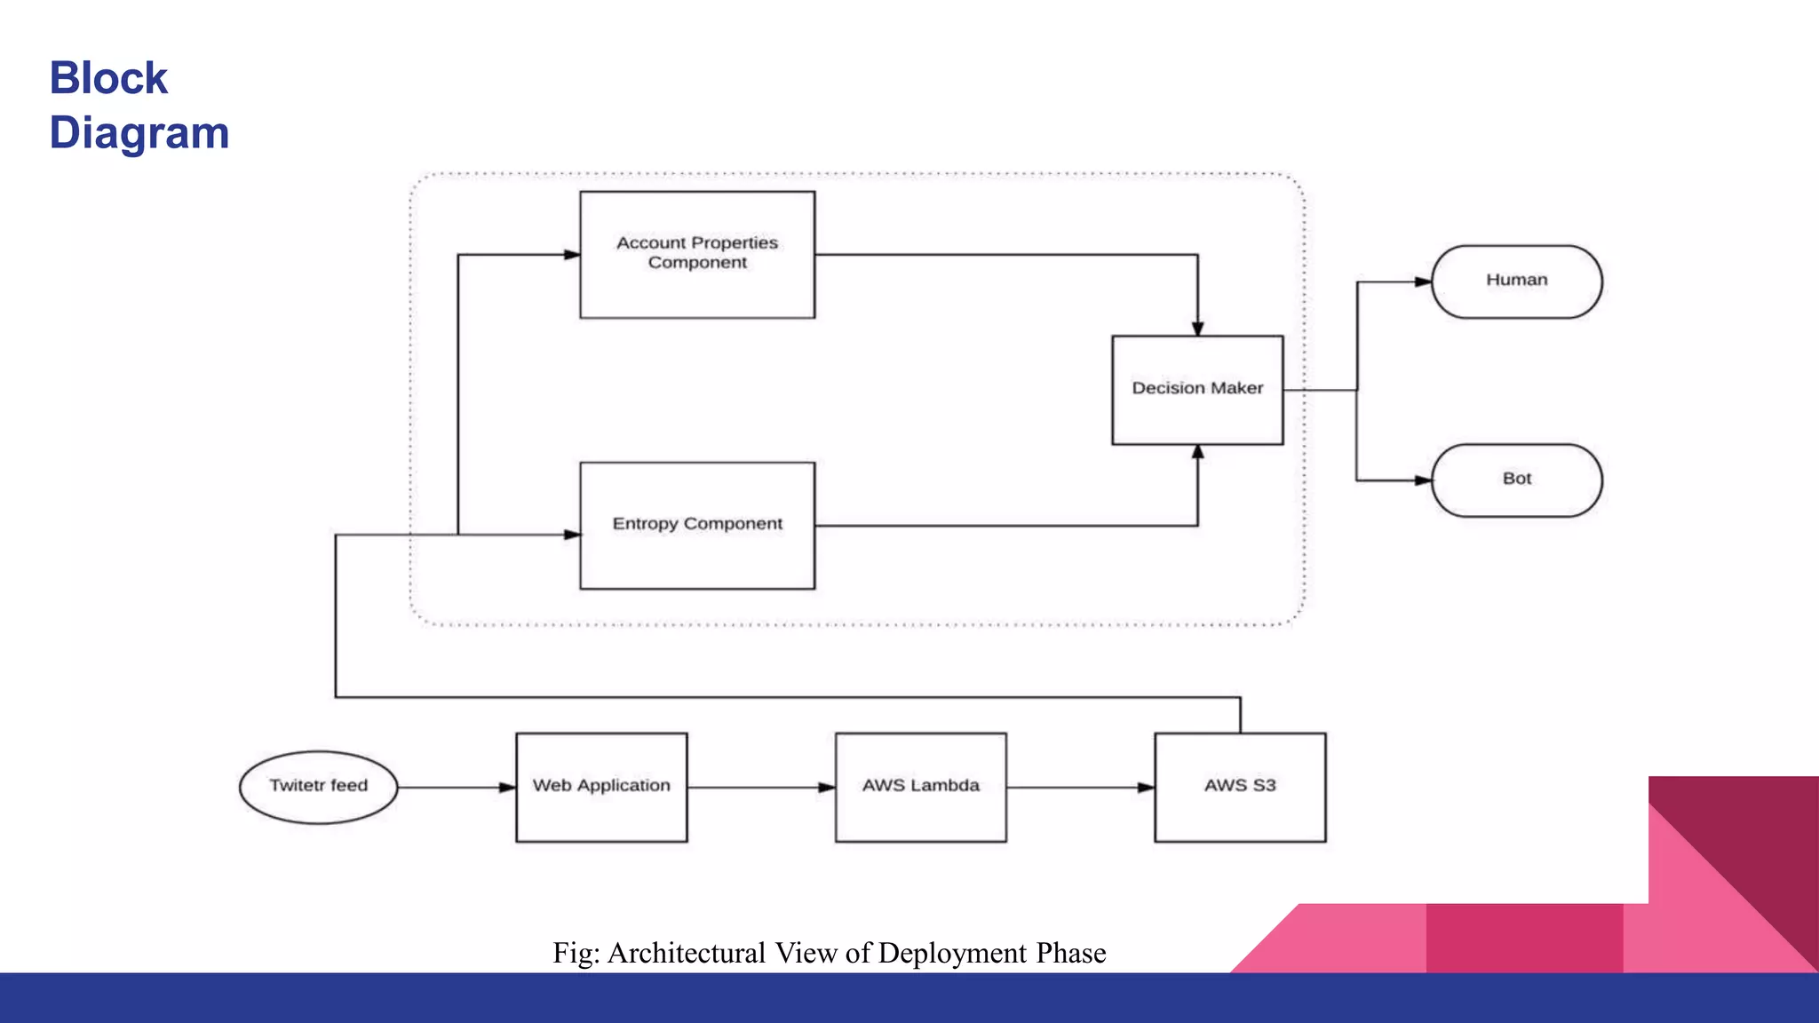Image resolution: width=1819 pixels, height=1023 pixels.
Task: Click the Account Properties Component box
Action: click(x=697, y=255)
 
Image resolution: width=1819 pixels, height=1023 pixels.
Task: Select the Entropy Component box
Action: click(x=697, y=525)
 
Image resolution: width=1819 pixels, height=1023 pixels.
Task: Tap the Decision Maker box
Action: click(x=1197, y=390)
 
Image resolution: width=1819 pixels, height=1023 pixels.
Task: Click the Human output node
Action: click(x=1517, y=282)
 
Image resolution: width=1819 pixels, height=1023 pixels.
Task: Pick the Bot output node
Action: click(x=1517, y=480)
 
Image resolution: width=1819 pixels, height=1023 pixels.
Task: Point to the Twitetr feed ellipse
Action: click(x=318, y=787)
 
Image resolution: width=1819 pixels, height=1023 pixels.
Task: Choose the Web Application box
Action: click(x=601, y=787)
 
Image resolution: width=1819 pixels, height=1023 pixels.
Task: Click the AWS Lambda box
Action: click(x=921, y=787)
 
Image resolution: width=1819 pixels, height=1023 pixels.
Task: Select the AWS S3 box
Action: click(x=1240, y=787)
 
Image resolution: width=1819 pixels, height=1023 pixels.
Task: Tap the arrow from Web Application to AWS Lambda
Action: click(x=760, y=788)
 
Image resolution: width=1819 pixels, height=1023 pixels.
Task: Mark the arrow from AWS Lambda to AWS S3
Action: click(x=1080, y=788)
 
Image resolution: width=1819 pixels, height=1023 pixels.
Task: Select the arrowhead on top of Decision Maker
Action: click(x=1197, y=328)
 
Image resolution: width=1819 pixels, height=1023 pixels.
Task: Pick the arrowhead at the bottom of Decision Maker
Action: click(x=1197, y=452)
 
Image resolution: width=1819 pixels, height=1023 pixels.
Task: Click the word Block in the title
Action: click(x=108, y=78)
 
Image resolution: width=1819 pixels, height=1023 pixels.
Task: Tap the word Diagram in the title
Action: click(x=139, y=133)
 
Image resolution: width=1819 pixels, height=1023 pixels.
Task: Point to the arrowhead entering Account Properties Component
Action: click(x=571, y=255)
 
